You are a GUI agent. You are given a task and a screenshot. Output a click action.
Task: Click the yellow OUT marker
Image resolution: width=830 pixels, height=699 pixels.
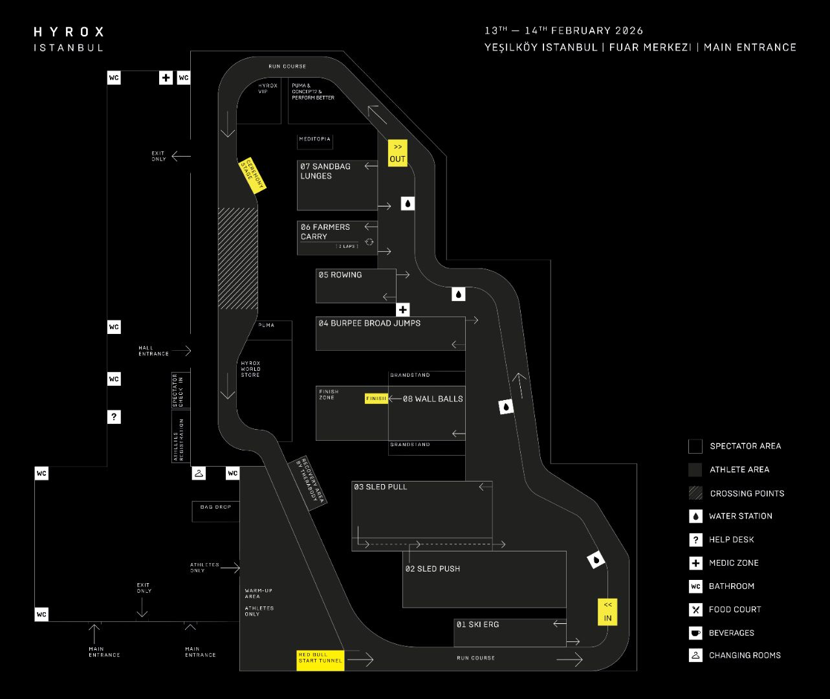397,153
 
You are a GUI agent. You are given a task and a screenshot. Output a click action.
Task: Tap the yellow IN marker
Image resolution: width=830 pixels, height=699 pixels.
607,612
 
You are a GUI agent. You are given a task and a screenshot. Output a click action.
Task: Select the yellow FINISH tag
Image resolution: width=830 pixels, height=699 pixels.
376,399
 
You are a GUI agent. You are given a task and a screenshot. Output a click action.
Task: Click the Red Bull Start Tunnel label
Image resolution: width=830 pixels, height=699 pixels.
320,660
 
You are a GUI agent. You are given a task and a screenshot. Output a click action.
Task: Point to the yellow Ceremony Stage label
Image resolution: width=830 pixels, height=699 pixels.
252,175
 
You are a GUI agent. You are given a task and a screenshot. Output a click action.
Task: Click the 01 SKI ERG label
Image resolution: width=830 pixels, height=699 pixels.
477,625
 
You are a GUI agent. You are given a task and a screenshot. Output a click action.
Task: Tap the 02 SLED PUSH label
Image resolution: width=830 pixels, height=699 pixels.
432,569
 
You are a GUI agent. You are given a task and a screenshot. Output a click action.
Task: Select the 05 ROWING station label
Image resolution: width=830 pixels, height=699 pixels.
340,275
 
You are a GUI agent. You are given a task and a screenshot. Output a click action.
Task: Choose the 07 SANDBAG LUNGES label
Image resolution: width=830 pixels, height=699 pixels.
325,171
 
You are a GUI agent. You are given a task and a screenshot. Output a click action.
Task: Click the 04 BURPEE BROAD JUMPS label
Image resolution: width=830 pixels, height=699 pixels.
369,323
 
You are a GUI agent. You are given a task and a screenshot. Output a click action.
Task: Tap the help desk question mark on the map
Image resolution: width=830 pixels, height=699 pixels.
114,417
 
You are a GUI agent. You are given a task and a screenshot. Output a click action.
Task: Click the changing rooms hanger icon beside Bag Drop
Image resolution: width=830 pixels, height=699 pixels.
199,474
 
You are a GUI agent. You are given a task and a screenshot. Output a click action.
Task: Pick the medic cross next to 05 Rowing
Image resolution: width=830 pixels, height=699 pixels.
403,310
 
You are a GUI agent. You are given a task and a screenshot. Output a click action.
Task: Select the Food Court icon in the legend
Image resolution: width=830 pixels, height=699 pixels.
695,610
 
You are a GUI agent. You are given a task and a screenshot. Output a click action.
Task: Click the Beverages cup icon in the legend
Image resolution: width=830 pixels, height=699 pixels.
695,633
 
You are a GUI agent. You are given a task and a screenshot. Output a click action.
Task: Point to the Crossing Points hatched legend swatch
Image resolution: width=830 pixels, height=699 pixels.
695,493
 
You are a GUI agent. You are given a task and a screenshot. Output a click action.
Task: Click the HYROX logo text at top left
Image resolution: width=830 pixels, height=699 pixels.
69,32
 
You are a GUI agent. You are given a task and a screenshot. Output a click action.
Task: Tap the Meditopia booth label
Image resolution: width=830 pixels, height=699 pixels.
315,139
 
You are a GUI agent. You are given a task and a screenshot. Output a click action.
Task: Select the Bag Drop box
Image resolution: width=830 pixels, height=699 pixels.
215,511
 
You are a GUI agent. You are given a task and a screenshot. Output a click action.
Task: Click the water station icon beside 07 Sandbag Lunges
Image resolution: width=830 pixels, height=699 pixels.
408,204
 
